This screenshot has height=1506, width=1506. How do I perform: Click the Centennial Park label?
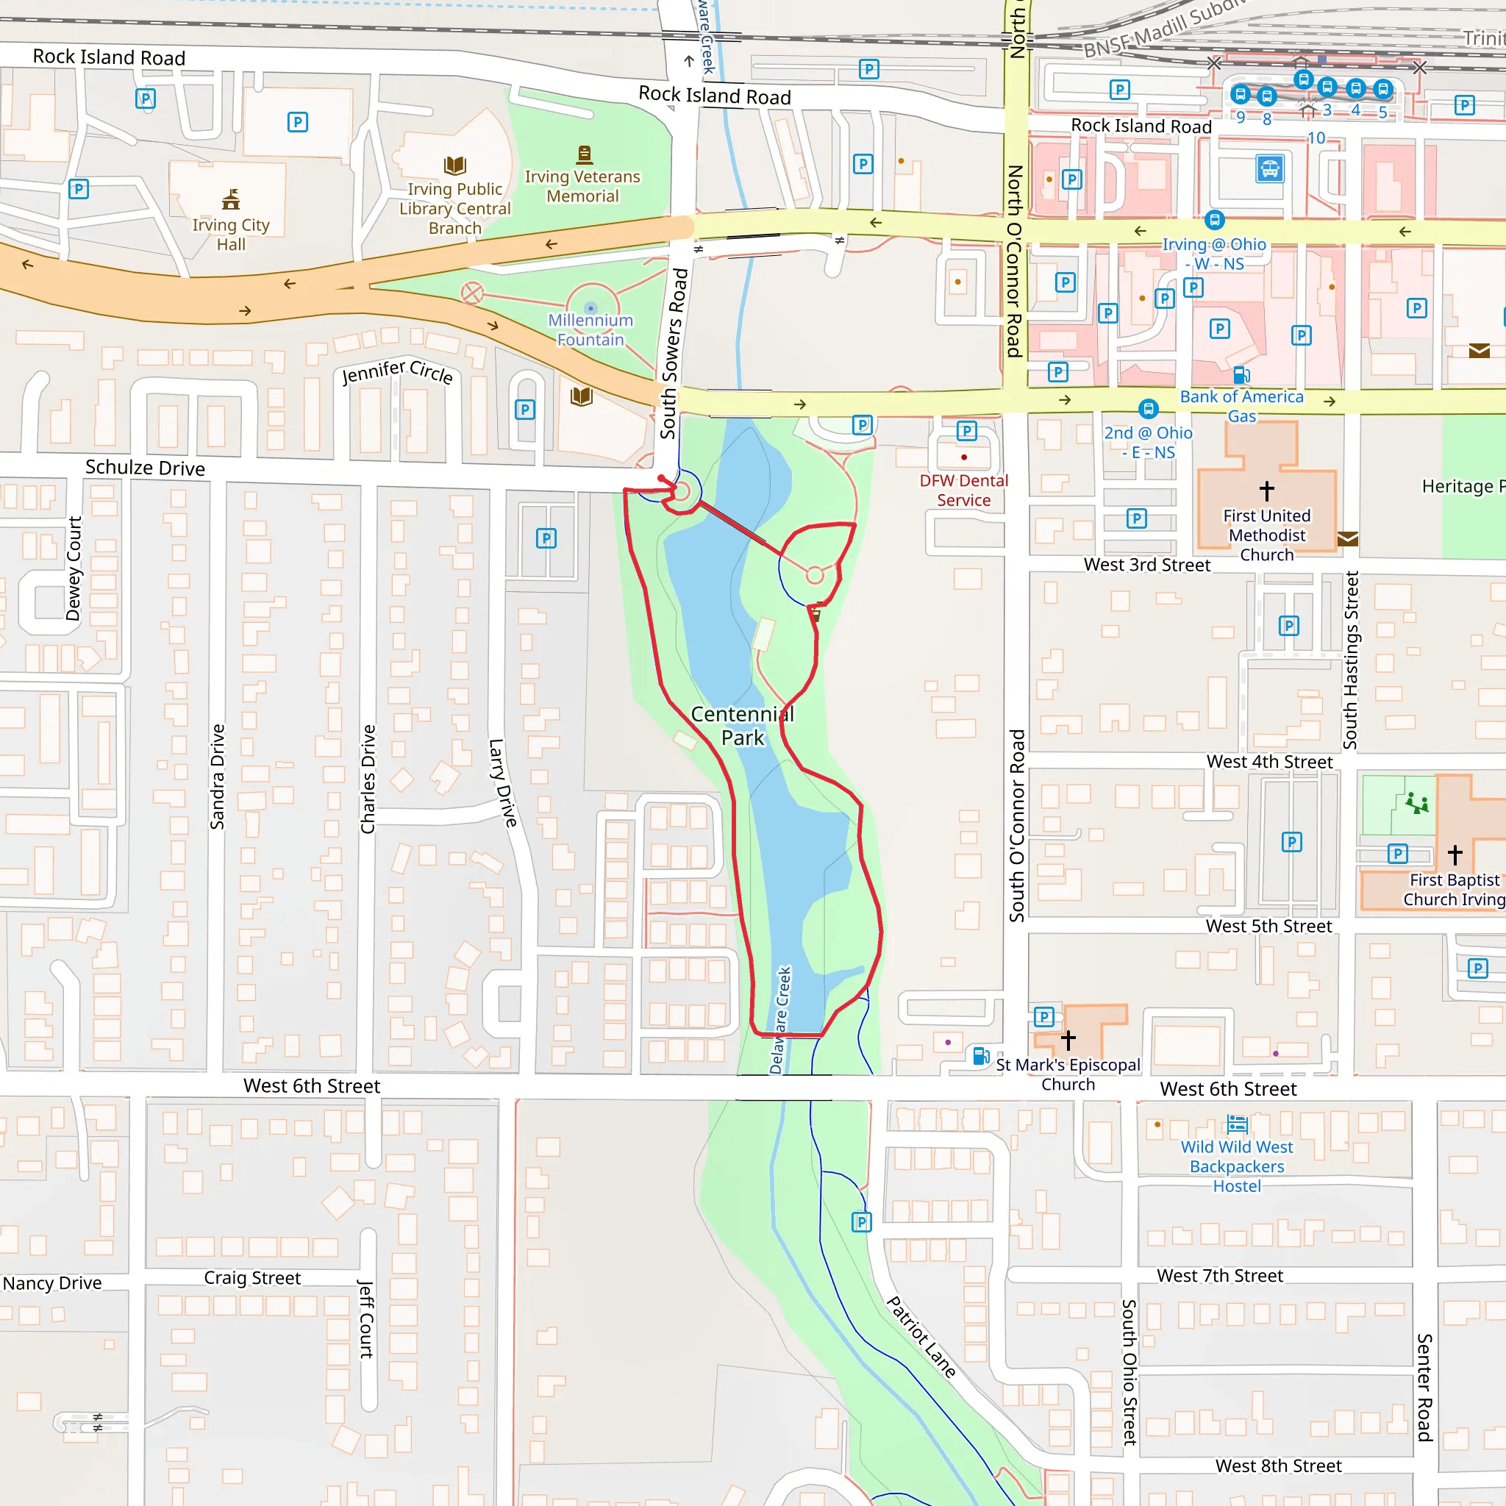[x=742, y=726]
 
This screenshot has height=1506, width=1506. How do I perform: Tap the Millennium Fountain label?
[x=590, y=329]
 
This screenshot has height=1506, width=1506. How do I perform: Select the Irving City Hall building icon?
[x=231, y=199]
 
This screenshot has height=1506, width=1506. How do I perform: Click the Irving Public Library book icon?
[x=455, y=165]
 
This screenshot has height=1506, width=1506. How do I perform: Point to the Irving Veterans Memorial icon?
[x=584, y=154]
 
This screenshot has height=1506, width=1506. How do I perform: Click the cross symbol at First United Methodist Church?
[x=1267, y=490]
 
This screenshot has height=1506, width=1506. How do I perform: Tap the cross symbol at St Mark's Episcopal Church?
[x=1068, y=1040]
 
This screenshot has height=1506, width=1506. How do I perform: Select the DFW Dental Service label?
[x=963, y=490]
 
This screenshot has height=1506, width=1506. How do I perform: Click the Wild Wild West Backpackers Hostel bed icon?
[x=1237, y=1124]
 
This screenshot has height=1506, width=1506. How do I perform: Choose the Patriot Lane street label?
[x=921, y=1337]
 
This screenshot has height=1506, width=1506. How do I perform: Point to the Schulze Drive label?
[x=145, y=468]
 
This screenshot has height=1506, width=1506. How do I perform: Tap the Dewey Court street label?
[x=74, y=568]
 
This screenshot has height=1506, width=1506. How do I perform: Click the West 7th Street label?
[x=1219, y=1276]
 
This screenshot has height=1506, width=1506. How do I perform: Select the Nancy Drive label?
[x=52, y=1283]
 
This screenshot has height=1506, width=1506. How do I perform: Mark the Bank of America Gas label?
[x=1241, y=406]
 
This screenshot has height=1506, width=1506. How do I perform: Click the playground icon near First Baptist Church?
[x=1416, y=803]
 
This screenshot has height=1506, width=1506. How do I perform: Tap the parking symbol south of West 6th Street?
[x=860, y=1221]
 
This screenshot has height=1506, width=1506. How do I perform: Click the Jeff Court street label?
[x=365, y=1319]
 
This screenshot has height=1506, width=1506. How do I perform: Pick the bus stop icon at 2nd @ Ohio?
[x=1147, y=408]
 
